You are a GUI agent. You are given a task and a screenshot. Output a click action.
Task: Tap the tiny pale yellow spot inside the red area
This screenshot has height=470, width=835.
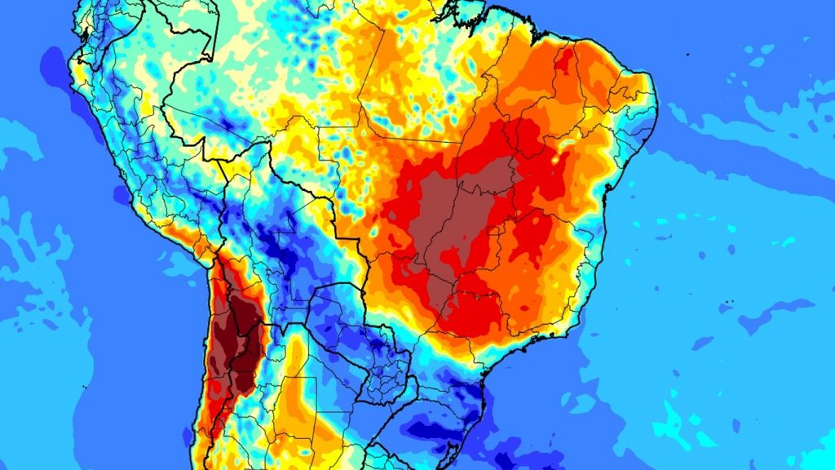coord(557,159)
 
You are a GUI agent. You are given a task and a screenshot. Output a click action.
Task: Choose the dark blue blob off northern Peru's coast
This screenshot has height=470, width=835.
coord(54,61)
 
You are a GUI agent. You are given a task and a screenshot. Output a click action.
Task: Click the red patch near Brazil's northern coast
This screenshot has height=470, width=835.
coord(563,61)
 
